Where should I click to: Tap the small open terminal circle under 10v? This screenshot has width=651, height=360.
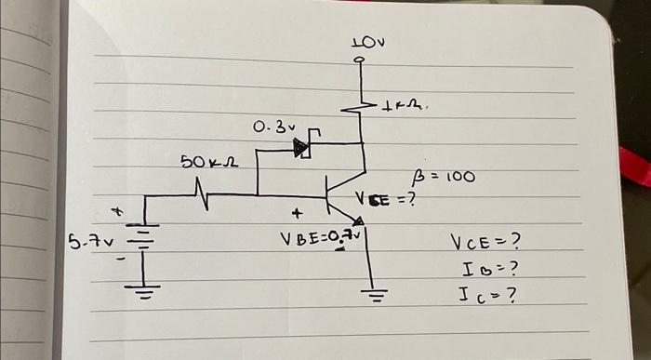(361, 63)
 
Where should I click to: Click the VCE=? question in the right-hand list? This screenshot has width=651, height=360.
(484, 243)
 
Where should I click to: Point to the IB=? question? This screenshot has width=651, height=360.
(488, 270)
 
